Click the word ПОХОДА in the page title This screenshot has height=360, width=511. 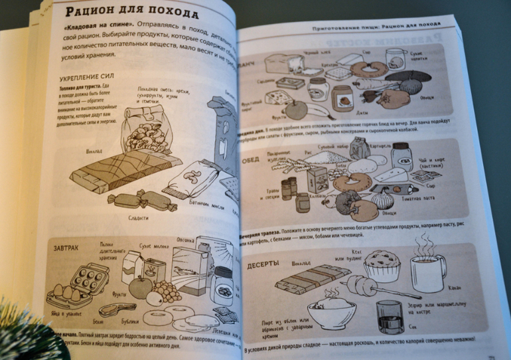coord(170,15)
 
